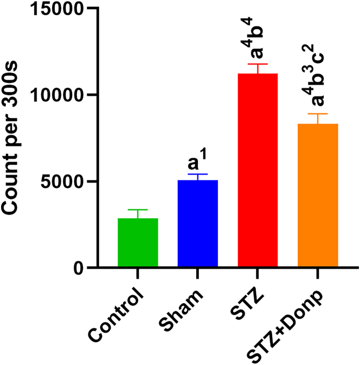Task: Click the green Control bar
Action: [x=138, y=243]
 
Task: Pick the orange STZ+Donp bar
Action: [x=318, y=195]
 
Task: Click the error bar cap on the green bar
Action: [x=138, y=210]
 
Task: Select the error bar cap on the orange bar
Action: [x=318, y=114]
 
